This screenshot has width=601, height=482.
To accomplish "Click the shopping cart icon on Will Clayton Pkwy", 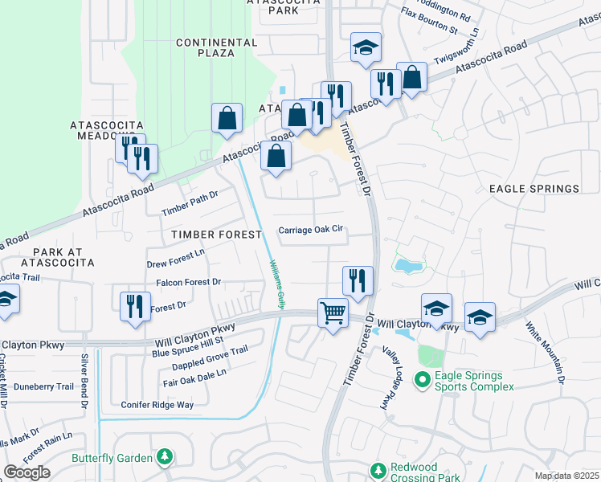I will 332,312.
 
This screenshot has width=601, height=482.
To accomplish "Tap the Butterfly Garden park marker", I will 164,457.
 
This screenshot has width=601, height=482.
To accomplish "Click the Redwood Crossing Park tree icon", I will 378,469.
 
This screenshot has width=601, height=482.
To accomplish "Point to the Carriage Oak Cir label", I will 311,230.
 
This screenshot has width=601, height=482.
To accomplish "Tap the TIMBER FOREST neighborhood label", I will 215,235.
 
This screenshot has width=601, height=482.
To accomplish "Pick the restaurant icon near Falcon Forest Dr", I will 134,306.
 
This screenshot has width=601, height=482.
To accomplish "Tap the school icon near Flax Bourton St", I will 366,47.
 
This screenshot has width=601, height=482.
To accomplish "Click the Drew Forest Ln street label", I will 176,258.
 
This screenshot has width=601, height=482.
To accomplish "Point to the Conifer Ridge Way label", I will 157,405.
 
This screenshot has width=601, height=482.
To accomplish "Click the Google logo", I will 27,472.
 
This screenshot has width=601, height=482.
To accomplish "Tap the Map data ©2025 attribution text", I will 566,476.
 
